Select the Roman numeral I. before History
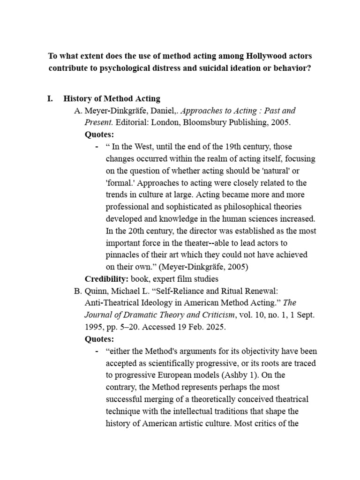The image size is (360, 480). pos(51,99)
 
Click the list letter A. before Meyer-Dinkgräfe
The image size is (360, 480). pos(78,111)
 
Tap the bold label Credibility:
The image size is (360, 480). pos(106,279)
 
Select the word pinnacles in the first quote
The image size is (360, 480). pos(123,255)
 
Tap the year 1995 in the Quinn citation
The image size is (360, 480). pos(95,327)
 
